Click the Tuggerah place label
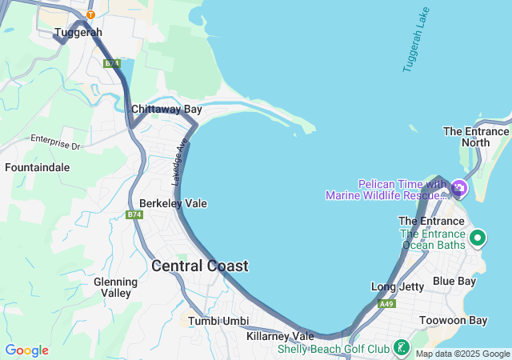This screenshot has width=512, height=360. pyautogui.click(x=78, y=33)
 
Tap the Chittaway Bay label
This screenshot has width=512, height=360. pyautogui.click(x=166, y=109)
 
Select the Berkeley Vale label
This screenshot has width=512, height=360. pyautogui.click(x=173, y=203)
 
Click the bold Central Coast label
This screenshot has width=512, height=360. pyautogui.click(x=199, y=266)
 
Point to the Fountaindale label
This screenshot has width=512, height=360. pyautogui.click(x=37, y=168)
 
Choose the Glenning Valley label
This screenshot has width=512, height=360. pyautogui.click(x=112, y=287)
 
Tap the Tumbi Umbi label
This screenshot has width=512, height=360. pyautogui.click(x=218, y=321)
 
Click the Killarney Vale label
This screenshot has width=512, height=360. pyautogui.click(x=280, y=336)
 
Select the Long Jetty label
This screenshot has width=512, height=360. pyautogui.click(x=398, y=286)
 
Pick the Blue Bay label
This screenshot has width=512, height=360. pyautogui.click(x=454, y=281)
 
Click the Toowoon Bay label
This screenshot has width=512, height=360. pyautogui.click(x=453, y=321)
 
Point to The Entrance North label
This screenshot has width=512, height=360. pyautogui.click(x=476, y=137)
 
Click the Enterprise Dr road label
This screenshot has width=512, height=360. pyautogui.click(x=56, y=142)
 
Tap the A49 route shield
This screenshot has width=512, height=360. pyautogui.click(x=387, y=304)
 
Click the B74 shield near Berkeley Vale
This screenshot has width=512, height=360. pyautogui.click(x=134, y=214)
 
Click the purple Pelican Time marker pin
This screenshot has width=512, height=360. pyautogui.click(x=459, y=189)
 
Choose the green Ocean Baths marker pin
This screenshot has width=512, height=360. pyautogui.click(x=478, y=238)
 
